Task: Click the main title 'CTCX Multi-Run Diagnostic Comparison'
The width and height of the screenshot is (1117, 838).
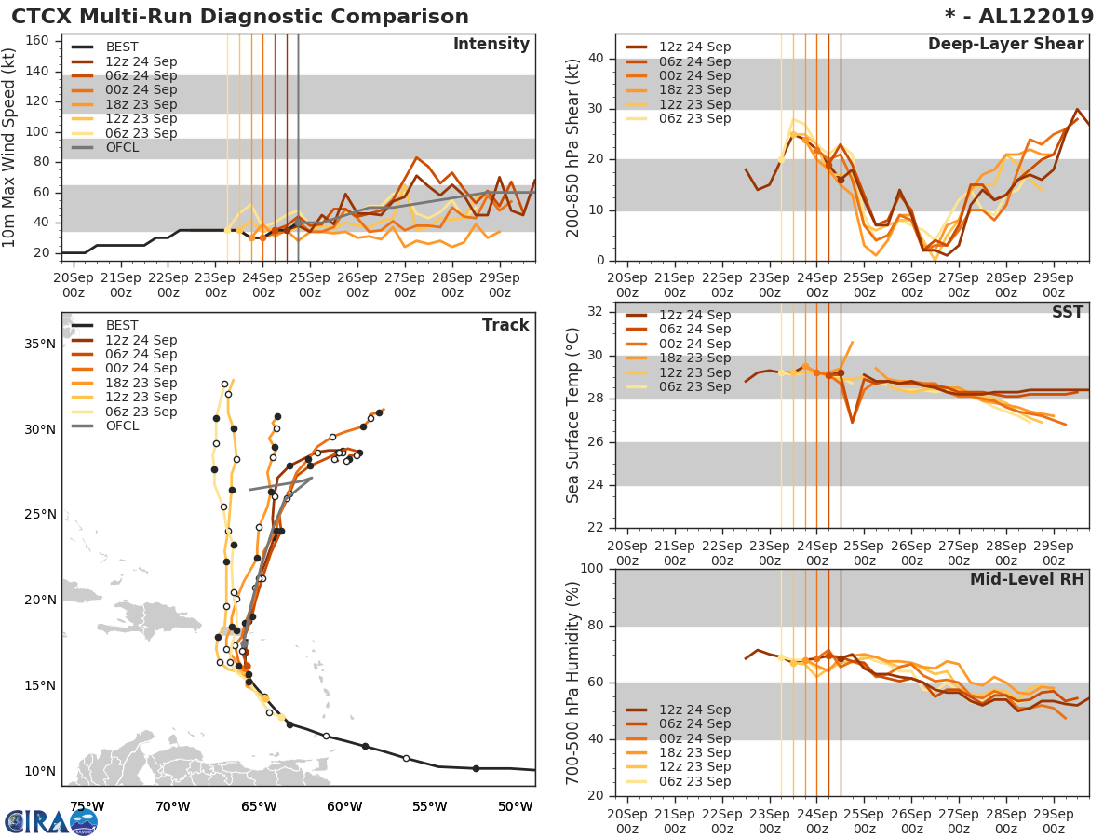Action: coord(240,17)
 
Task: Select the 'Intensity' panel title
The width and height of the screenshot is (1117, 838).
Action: coord(491,45)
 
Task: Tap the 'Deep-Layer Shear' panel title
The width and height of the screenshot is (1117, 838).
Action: coord(1005,45)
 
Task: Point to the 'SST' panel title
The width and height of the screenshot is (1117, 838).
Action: coord(1068,312)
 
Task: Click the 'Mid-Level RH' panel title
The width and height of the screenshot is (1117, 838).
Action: coord(1027,579)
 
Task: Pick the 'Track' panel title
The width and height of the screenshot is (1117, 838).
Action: coord(505,325)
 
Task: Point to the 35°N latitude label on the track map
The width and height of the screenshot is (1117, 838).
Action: coord(39,344)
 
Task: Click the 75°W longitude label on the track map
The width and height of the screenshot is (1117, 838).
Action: coord(87,806)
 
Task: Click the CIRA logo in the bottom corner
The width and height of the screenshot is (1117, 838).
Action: coord(51,821)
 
